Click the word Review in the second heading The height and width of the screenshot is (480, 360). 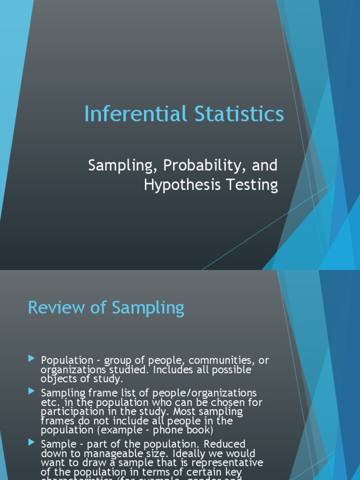[x=52, y=308]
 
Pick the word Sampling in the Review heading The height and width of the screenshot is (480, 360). [x=148, y=308]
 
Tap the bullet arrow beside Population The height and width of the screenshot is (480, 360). [x=31, y=359]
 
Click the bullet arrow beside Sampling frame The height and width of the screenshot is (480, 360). [x=31, y=391]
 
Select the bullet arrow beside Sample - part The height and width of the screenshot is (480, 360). [x=31, y=442]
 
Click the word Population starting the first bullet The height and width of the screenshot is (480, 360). [x=67, y=360]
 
